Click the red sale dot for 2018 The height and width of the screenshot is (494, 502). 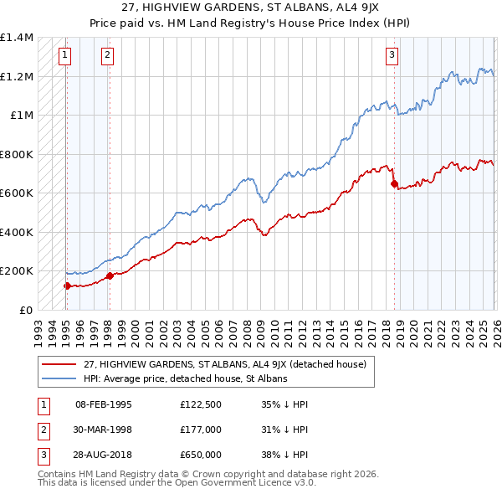394,184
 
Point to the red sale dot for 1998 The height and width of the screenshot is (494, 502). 109,275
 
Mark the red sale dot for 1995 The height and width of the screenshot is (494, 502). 67,286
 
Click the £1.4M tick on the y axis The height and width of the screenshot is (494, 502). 17,38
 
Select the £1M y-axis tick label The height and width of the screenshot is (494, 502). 22,116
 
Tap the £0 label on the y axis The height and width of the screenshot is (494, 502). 26,310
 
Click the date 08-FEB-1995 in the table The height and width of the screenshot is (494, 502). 104,404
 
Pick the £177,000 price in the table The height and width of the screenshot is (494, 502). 200,430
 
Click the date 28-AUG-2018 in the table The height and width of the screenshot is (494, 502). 104,455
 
